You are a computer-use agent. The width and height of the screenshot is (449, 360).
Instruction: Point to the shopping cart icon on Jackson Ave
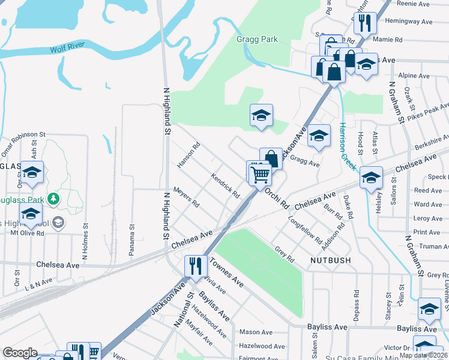coord(261,175)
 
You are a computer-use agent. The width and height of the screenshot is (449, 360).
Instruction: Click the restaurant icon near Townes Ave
coord(196,265)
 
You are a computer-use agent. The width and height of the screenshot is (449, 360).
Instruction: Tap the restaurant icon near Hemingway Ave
coord(365,23)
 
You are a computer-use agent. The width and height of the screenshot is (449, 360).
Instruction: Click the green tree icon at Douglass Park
coord(55,198)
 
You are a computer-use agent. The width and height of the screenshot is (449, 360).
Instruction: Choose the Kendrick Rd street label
coord(225,186)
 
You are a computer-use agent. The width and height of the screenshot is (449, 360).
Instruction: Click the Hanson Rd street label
coord(188,155)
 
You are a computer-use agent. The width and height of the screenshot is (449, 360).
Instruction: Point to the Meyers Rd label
coord(186,197)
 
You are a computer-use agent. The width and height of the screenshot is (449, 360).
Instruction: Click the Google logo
coord(20,353)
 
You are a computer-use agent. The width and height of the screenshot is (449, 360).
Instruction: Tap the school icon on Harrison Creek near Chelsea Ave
coord(372,177)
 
